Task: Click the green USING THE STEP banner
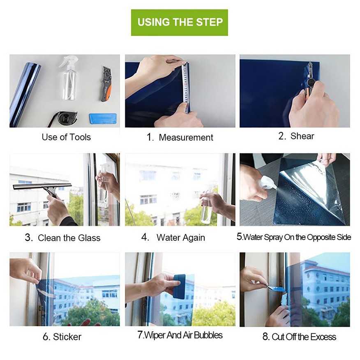tap(180, 22)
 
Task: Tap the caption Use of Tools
tap(66, 137)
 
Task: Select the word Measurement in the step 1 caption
tap(186, 138)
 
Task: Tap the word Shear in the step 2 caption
tap(302, 136)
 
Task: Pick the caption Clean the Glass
tap(69, 238)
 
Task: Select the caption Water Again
tap(180, 238)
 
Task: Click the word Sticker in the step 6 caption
tap(67, 337)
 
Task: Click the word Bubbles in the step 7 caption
tap(208, 335)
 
